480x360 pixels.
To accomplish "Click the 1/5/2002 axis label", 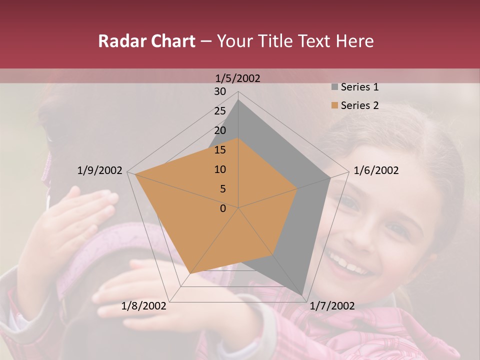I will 238,78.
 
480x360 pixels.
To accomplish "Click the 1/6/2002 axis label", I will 376,170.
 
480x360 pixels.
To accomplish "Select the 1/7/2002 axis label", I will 332,306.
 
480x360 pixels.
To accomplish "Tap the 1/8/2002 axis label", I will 144,306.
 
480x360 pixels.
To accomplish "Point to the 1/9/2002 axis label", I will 100,170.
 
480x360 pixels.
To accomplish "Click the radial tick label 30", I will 220,91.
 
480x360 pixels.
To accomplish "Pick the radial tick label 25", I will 220,111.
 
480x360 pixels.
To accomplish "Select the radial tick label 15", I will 220,150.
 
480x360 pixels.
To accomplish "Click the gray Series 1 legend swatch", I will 334,87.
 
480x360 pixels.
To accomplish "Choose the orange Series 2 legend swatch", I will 334,105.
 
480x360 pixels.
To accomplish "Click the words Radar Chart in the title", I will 146,41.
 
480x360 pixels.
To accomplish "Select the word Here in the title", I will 354,41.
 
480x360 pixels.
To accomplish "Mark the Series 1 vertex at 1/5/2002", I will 238,100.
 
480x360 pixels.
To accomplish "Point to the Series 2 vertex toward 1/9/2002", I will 135,174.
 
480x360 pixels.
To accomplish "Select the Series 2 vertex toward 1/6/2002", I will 297,188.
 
